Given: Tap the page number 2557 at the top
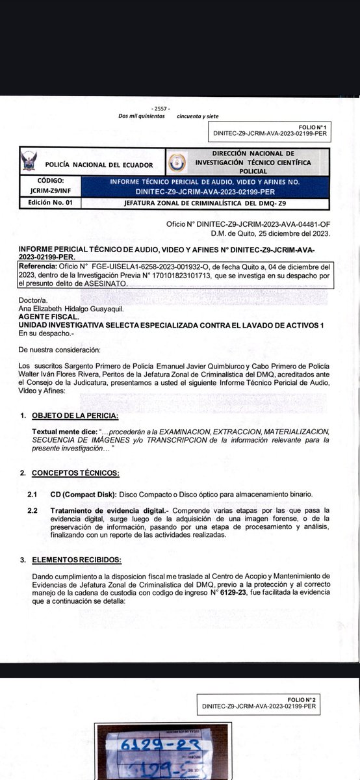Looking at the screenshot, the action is click(x=158, y=108).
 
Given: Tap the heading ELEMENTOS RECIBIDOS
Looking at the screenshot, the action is click(x=77, y=559).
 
